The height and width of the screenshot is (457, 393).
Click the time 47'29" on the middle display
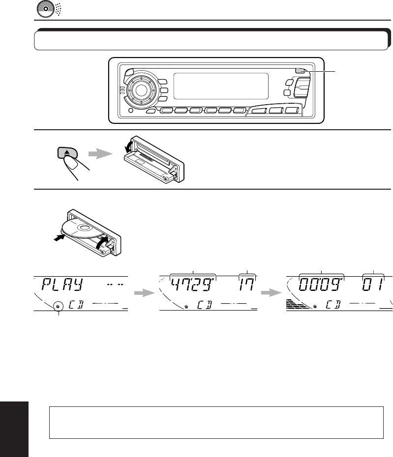[x=193, y=286]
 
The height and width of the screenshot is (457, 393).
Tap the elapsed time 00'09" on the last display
[x=320, y=286]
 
